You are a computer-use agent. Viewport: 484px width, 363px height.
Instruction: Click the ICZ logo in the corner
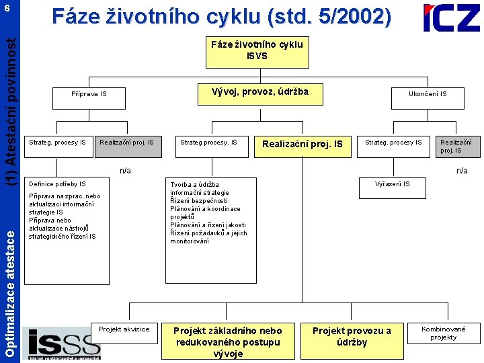451,18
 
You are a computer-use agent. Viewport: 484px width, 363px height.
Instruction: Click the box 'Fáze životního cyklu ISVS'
257,50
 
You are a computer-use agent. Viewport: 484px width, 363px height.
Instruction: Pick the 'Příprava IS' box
89,94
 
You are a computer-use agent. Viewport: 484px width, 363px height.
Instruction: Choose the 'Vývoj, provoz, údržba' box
259,92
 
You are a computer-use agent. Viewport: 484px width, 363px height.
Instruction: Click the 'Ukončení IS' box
428,94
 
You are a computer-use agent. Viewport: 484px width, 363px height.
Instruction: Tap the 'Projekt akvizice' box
124,329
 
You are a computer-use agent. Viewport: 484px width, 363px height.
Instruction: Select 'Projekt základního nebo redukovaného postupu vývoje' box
228,341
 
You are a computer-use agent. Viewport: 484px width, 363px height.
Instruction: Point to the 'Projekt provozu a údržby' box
352,336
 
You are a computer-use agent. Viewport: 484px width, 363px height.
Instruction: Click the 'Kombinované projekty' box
443,333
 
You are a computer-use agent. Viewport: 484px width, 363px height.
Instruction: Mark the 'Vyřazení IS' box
393,184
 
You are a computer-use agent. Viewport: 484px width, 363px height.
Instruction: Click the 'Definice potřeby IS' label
57,184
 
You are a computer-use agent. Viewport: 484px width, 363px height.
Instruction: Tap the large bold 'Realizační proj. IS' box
302,144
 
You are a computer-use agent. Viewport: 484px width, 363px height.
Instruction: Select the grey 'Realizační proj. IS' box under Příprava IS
127,143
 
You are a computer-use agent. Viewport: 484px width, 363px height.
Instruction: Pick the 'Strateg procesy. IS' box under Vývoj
208,143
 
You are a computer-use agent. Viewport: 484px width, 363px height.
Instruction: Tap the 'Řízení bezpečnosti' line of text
199,201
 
